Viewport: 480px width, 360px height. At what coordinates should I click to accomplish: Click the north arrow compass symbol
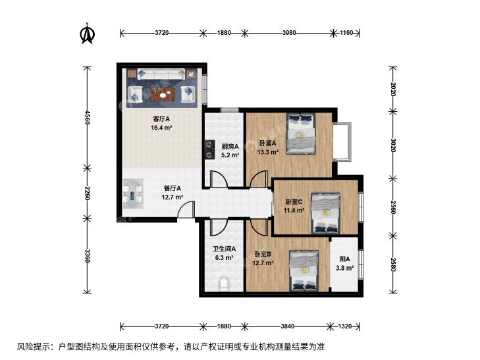point(88,34)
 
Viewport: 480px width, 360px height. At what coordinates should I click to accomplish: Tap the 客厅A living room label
point(161,118)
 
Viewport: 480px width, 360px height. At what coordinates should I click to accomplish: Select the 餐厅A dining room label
point(173,188)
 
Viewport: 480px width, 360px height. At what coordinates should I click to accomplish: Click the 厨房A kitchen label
point(230,147)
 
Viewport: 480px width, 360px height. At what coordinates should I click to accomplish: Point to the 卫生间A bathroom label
point(225,249)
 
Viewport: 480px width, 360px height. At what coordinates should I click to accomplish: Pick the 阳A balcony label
point(345,259)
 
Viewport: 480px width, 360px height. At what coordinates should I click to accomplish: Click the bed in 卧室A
point(301,134)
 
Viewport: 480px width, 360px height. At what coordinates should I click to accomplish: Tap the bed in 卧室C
point(326,213)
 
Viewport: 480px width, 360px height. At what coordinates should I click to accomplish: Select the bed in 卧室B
point(304,270)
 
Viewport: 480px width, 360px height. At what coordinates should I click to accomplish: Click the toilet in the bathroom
point(225,284)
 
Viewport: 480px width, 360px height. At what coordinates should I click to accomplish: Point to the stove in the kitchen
point(209,149)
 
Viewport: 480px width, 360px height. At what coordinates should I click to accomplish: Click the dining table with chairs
point(133,194)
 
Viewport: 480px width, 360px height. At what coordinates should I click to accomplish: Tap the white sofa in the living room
point(161,74)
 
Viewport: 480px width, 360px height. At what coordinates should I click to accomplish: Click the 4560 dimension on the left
point(88,118)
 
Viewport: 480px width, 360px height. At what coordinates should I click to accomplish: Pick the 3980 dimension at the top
point(289,32)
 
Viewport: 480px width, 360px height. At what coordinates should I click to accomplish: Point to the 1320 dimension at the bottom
point(345,326)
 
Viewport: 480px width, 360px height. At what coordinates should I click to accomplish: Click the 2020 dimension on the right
point(393,90)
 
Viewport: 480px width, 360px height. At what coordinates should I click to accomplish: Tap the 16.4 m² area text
point(161,128)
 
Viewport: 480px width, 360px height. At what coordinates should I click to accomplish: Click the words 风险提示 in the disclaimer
point(33,347)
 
